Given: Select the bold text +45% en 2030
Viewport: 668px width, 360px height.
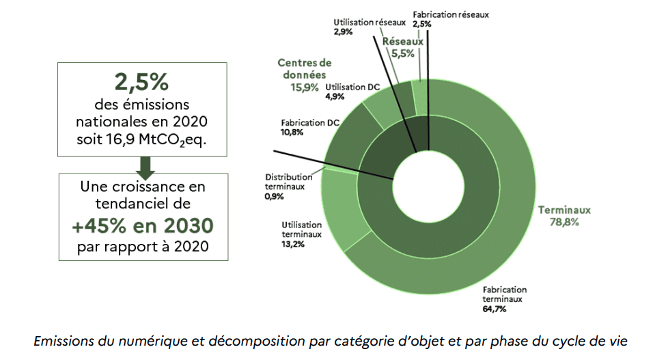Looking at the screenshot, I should [x=143, y=226].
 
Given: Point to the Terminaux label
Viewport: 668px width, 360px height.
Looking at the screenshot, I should [x=563, y=210].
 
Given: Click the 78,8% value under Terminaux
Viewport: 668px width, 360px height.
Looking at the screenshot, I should [x=563, y=222].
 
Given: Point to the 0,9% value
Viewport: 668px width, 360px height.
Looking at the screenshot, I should [x=274, y=197].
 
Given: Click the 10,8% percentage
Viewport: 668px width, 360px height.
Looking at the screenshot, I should [x=292, y=132].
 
